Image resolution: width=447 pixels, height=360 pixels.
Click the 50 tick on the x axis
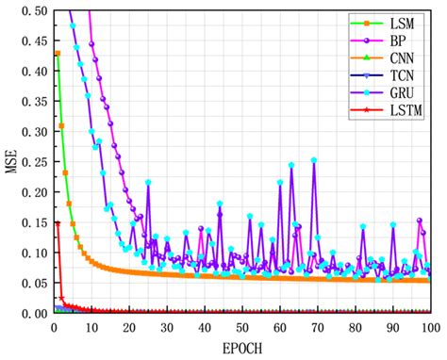[x=242, y=327]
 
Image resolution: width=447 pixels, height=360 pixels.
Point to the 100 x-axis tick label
[x=430, y=327]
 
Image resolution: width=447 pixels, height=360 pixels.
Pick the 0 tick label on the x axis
[x=54, y=327]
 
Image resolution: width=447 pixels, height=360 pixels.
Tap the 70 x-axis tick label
[x=318, y=327]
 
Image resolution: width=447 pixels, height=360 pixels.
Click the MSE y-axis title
[x=12, y=161]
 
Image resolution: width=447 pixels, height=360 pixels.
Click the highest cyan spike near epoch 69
[x=314, y=160]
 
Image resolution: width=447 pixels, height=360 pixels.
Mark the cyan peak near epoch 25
[x=148, y=182]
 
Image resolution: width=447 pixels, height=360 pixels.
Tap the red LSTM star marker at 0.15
[x=58, y=222]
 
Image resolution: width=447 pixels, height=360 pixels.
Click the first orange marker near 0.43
[x=58, y=53]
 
